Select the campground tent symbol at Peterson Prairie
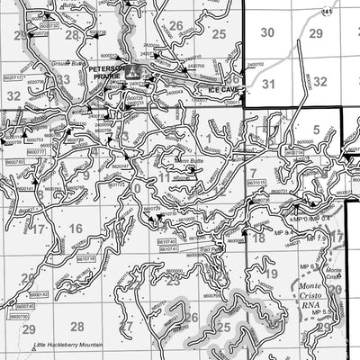pos(133,70)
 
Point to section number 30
pos(266,32)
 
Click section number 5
pos(316,130)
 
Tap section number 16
pos(76,229)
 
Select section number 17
pos(38,229)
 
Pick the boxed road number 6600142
pos(39,294)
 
